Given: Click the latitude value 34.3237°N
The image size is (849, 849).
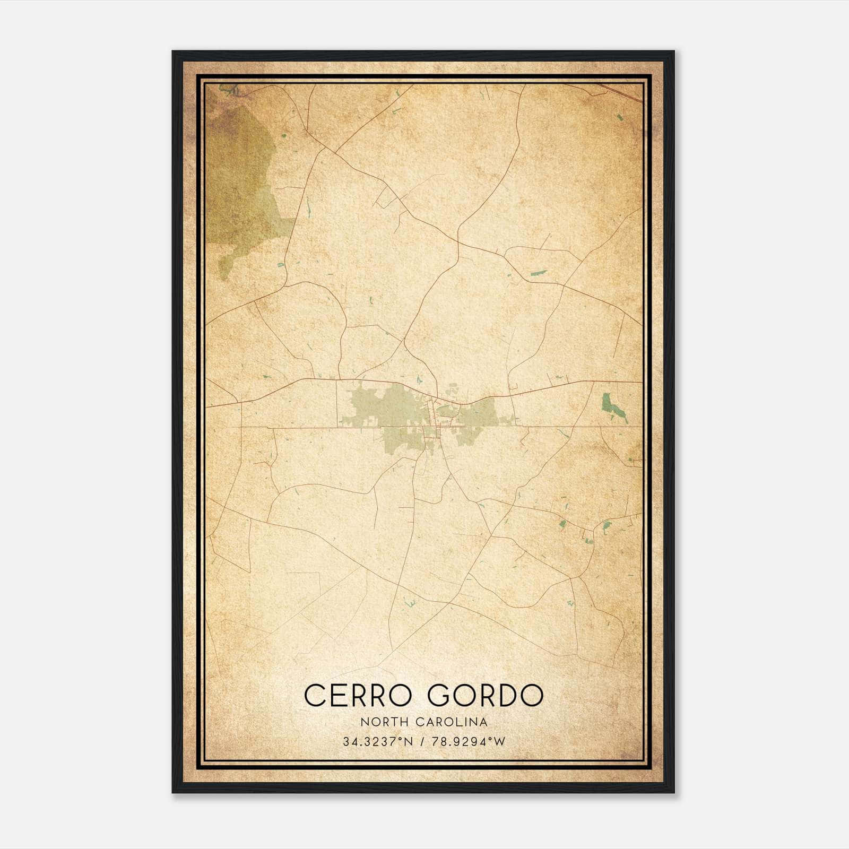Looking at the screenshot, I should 377,742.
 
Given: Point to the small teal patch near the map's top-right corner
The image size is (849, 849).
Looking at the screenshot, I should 620,117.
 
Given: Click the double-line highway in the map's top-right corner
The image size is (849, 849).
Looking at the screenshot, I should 621,91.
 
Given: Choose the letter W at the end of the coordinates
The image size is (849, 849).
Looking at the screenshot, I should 500,742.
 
